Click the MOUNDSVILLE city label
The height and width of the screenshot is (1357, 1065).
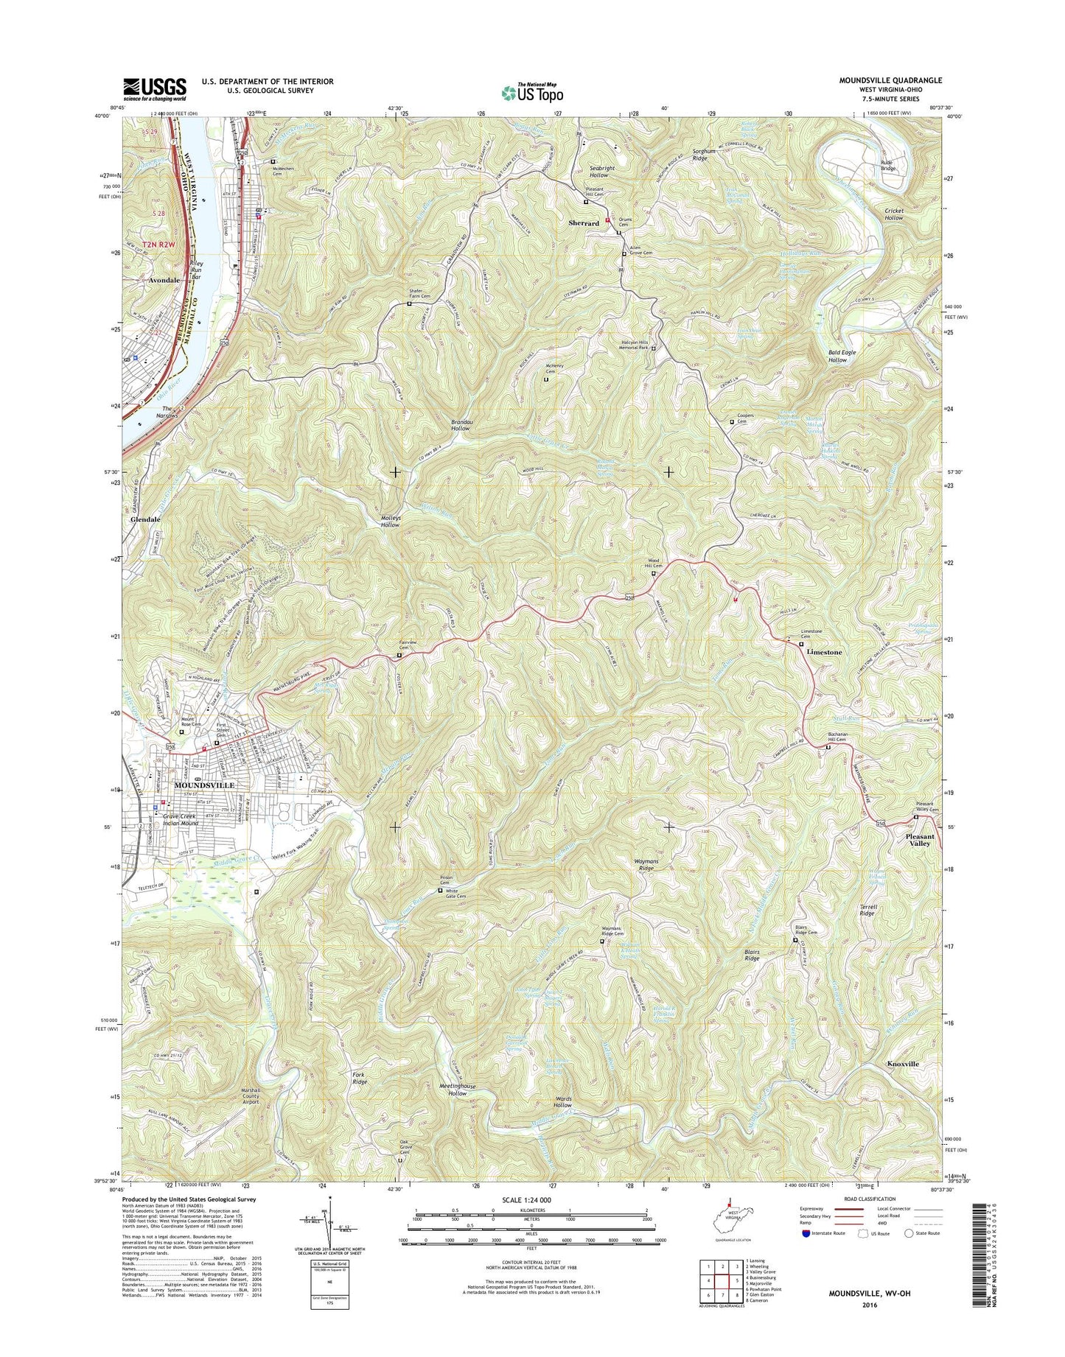pos(204,785)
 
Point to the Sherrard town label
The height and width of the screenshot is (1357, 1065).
pos(583,222)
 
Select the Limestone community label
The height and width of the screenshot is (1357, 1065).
pos(823,652)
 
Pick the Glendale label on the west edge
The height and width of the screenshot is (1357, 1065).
pos(145,519)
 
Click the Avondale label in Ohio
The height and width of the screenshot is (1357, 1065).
pos(163,281)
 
